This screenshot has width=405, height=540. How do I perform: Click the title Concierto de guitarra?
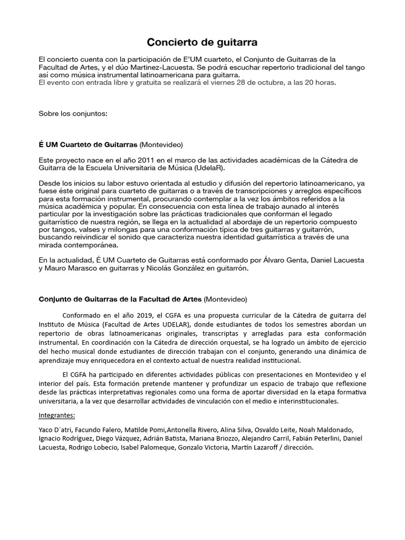coord(202,42)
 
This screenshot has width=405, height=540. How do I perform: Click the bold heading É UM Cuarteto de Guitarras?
coord(88,144)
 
